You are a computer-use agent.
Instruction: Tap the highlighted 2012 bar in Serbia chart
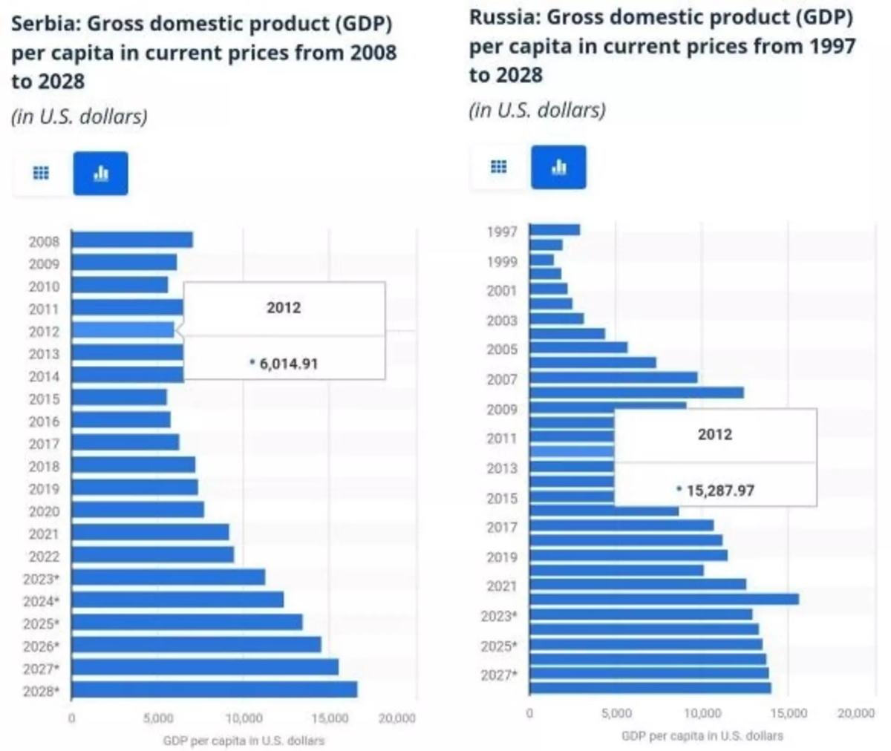click(x=123, y=329)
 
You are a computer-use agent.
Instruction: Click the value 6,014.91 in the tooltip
click(x=288, y=364)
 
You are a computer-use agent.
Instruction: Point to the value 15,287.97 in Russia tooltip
click(x=719, y=491)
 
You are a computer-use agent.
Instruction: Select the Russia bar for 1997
click(x=555, y=230)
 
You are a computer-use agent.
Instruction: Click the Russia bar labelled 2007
click(x=613, y=378)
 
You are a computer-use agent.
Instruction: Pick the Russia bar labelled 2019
click(x=628, y=555)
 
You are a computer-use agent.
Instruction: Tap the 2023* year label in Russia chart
click(x=498, y=616)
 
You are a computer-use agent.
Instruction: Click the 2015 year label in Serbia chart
click(x=44, y=399)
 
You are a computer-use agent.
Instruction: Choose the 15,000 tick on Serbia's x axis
click(x=330, y=718)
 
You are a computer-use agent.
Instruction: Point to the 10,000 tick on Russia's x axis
click(x=702, y=713)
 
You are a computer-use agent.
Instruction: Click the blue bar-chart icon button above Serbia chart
click(x=100, y=174)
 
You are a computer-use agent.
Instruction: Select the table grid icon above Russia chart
click(x=499, y=167)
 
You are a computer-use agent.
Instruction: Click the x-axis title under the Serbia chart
click(x=244, y=741)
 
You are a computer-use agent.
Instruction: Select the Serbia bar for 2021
click(x=150, y=532)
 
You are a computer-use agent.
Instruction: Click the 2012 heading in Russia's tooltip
click(x=714, y=435)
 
